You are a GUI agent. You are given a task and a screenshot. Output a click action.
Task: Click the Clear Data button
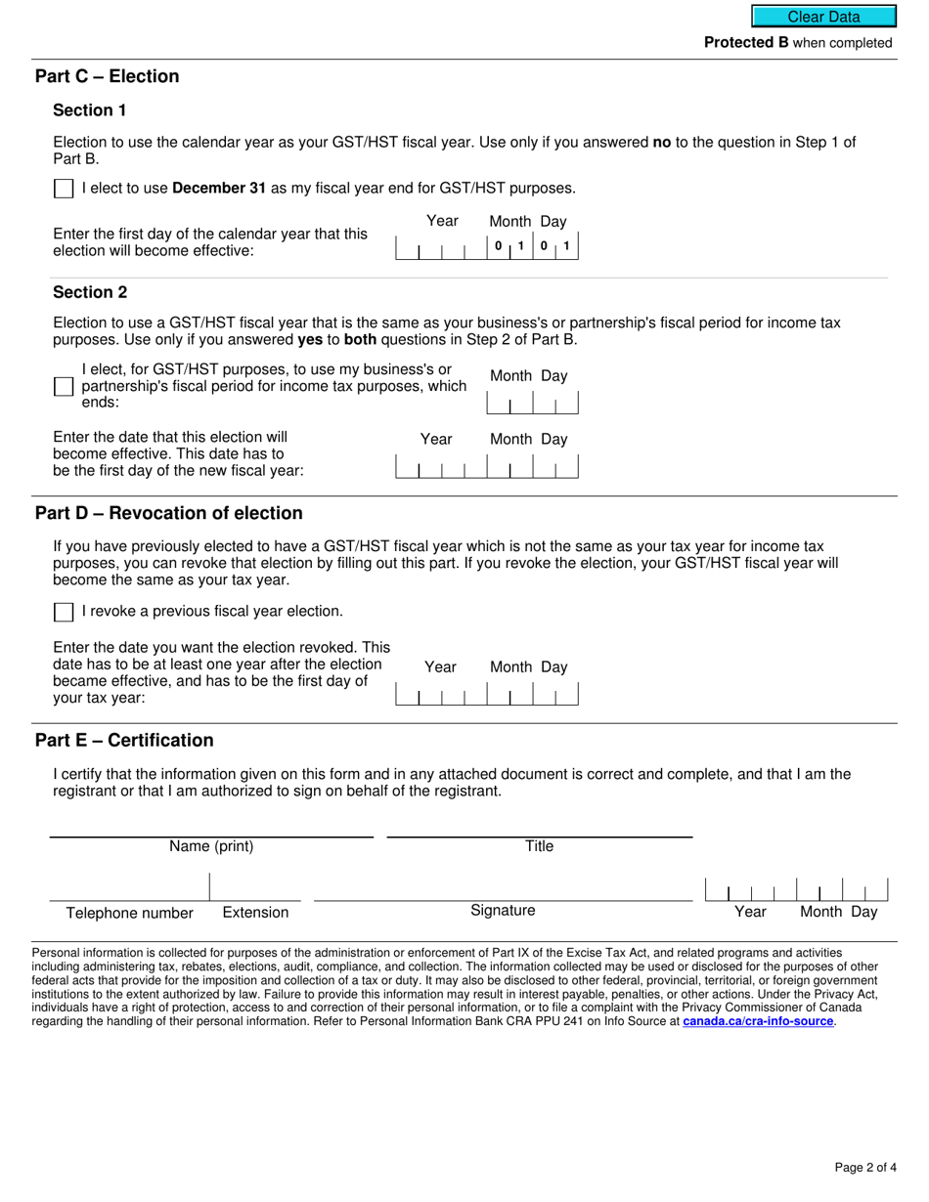coord(823,17)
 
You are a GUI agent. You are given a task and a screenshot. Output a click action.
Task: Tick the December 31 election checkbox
coord(64,189)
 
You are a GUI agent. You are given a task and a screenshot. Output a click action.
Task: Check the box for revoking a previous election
coord(64,612)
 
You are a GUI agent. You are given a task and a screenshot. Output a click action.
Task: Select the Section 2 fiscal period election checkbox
coord(64,386)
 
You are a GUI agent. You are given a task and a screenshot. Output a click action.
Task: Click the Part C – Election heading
coord(107,76)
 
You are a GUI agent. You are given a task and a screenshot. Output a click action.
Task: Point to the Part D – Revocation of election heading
coord(168,513)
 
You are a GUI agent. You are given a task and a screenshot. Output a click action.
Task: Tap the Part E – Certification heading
coord(124,740)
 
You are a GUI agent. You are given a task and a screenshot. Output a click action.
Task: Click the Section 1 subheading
coord(90,110)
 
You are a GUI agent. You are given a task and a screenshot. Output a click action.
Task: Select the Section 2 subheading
coord(90,292)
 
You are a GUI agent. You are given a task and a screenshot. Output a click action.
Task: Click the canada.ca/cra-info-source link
coord(758,1021)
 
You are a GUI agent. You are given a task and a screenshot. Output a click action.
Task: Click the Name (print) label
coord(211,846)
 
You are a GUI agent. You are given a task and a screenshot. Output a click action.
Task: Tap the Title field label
coord(539,846)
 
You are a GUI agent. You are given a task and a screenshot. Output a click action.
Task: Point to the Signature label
coord(503,911)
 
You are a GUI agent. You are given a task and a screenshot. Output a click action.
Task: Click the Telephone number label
coord(129,913)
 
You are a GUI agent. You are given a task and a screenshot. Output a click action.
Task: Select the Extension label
coord(255,913)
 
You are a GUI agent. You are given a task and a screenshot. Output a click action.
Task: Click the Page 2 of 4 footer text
coord(864,1167)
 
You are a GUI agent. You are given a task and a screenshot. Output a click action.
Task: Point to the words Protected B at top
coord(746,43)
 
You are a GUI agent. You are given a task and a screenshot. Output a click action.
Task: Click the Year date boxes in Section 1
coord(441,248)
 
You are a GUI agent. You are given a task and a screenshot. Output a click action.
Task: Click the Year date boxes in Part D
coord(441,694)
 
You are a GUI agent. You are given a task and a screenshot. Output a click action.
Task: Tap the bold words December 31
coord(219,189)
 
